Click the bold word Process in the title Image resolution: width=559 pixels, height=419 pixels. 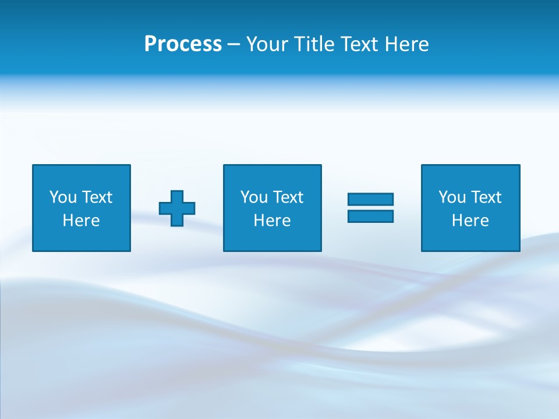pos(183,44)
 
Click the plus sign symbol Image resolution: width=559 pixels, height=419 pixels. pos(177,208)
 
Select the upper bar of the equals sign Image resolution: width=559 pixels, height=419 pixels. pos(370,199)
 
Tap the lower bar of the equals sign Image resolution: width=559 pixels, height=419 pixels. pos(370,216)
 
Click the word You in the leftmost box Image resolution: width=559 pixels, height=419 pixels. pos(63,197)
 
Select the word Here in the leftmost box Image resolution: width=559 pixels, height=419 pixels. pos(82,221)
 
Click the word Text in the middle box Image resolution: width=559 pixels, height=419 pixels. pos(288,197)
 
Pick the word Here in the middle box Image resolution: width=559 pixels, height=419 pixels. pos(273,221)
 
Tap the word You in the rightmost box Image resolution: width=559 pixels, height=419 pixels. pos(452,197)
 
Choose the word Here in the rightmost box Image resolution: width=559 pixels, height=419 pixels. pos(470,221)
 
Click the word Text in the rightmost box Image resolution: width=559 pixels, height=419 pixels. pos(486,197)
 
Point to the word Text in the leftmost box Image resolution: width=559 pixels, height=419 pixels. pos(97,197)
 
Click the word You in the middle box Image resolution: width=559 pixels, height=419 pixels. pos(254,197)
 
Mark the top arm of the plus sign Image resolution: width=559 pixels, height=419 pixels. pos(177,197)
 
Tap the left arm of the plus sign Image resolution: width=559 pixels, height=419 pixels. pos(165,208)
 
